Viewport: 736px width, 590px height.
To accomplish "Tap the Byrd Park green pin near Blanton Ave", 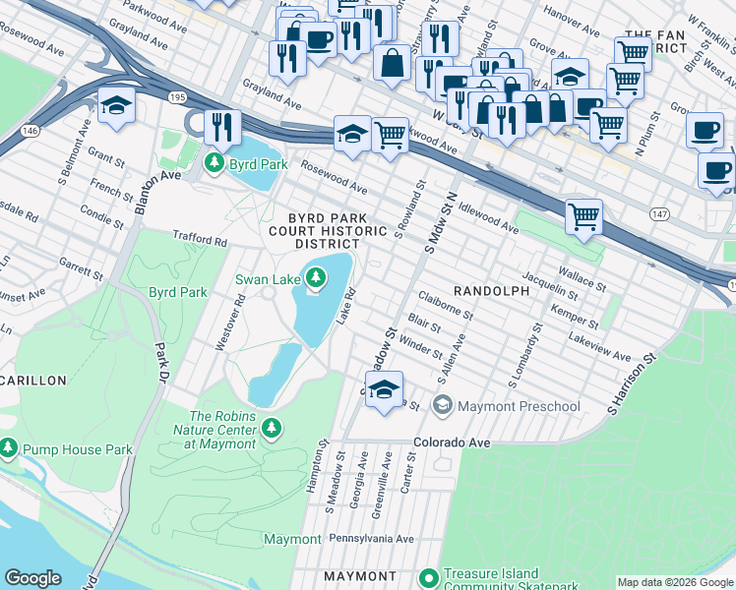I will (x=212, y=164).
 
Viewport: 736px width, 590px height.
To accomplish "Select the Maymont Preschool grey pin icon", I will (x=443, y=405).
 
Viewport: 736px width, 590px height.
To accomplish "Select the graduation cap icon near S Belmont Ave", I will (x=116, y=104).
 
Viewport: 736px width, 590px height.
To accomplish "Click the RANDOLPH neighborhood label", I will (x=491, y=291).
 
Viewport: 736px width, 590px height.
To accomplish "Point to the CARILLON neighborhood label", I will (x=32, y=380).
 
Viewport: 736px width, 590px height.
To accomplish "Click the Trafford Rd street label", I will (x=200, y=238).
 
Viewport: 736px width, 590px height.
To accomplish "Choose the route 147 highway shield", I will (x=658, y=213).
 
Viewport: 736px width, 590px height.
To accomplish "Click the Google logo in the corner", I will (x=33, y=578).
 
